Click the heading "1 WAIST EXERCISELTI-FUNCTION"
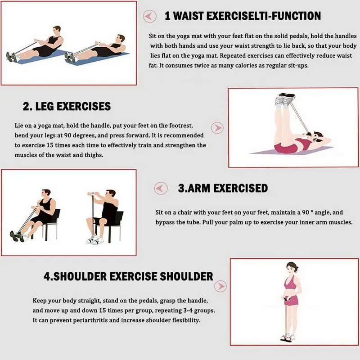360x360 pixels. point(243,16)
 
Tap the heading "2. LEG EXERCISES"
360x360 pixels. point(67,107)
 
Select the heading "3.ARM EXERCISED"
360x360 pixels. point(223,188)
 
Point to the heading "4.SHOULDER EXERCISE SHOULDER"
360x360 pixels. point(128,276)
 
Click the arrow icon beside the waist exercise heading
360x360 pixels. point(150,17)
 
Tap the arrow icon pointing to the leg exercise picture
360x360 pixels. point(218,128)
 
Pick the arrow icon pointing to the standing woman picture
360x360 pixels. point(220,286)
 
